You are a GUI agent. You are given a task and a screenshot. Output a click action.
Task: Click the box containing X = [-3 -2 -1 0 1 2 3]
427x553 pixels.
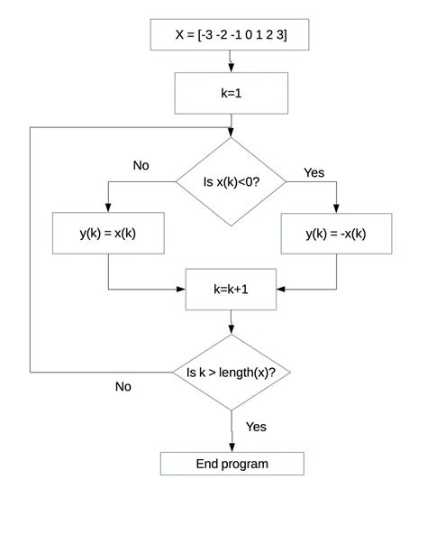point(230,34)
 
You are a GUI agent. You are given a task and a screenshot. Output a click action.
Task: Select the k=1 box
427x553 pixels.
point(232,94)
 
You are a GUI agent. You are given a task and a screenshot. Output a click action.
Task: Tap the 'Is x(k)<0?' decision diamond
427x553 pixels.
point(231,181)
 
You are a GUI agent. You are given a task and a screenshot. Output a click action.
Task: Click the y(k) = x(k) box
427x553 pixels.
point(108,233)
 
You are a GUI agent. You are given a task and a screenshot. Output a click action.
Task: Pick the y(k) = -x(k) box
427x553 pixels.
point(336,234)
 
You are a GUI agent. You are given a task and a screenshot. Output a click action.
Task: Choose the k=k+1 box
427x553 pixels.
point(231,290)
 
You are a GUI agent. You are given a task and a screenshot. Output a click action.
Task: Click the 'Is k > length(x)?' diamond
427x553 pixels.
point(232,372)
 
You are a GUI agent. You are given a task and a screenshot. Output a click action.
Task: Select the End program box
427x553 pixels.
point(232,464)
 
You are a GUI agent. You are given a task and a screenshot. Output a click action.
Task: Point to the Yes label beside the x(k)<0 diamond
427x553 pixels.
point(313,173)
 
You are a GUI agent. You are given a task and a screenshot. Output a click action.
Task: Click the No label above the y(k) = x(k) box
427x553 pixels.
point(141,165)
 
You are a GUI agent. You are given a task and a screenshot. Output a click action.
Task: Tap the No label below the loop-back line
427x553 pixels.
point(123,386)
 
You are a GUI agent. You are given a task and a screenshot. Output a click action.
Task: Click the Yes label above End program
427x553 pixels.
point(256,427)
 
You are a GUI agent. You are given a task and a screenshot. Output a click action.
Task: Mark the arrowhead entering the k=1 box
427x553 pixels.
point(232,68)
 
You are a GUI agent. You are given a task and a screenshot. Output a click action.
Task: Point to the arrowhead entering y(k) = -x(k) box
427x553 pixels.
point(336,208)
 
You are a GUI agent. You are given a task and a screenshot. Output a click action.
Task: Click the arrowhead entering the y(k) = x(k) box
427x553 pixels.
point(108,207)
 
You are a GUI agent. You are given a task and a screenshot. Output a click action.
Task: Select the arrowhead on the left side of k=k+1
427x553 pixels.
point(181,290)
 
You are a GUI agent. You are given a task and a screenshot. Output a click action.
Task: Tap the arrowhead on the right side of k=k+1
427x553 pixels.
point(281,290)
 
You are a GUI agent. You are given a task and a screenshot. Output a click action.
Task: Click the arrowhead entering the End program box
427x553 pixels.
point(232,447)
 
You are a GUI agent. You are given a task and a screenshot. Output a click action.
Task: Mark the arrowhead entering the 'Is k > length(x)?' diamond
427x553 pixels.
point(232,329)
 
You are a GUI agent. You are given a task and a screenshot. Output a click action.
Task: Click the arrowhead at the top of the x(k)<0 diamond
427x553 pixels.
point(231,133)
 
